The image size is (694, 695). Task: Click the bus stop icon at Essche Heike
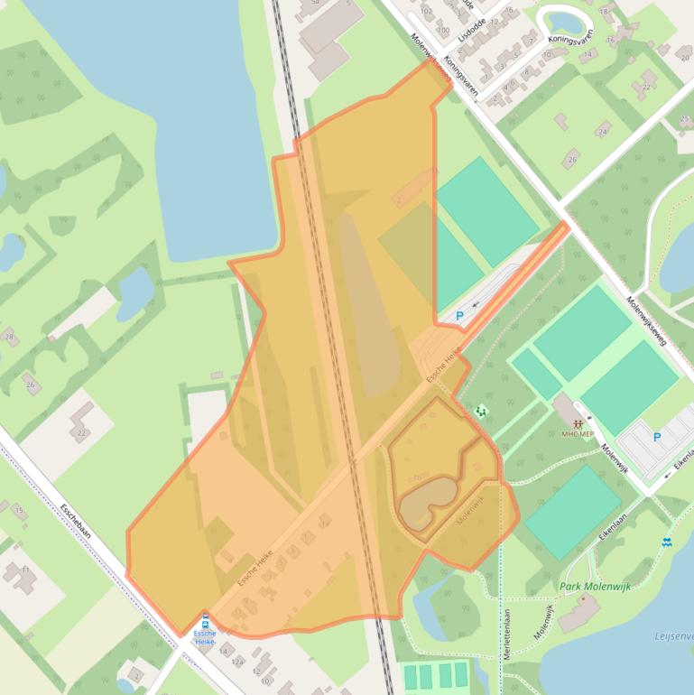206,621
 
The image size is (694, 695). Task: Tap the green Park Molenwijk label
595,586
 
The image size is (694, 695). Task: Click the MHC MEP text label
578,434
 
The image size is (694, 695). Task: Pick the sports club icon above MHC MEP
578,422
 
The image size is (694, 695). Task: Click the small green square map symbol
479,412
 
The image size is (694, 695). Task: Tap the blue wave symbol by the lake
666,542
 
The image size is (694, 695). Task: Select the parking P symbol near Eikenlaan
657,437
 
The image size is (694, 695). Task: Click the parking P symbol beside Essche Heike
459,316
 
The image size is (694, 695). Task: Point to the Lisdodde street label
472,24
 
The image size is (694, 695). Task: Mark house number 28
10,337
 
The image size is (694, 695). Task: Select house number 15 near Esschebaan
19,510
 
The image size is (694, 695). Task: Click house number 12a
238,662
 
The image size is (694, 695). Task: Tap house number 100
442,30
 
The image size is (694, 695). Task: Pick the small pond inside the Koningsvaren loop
564,21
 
